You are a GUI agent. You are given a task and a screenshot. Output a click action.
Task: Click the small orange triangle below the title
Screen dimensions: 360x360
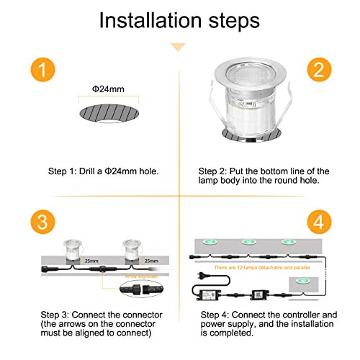point(178,47)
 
